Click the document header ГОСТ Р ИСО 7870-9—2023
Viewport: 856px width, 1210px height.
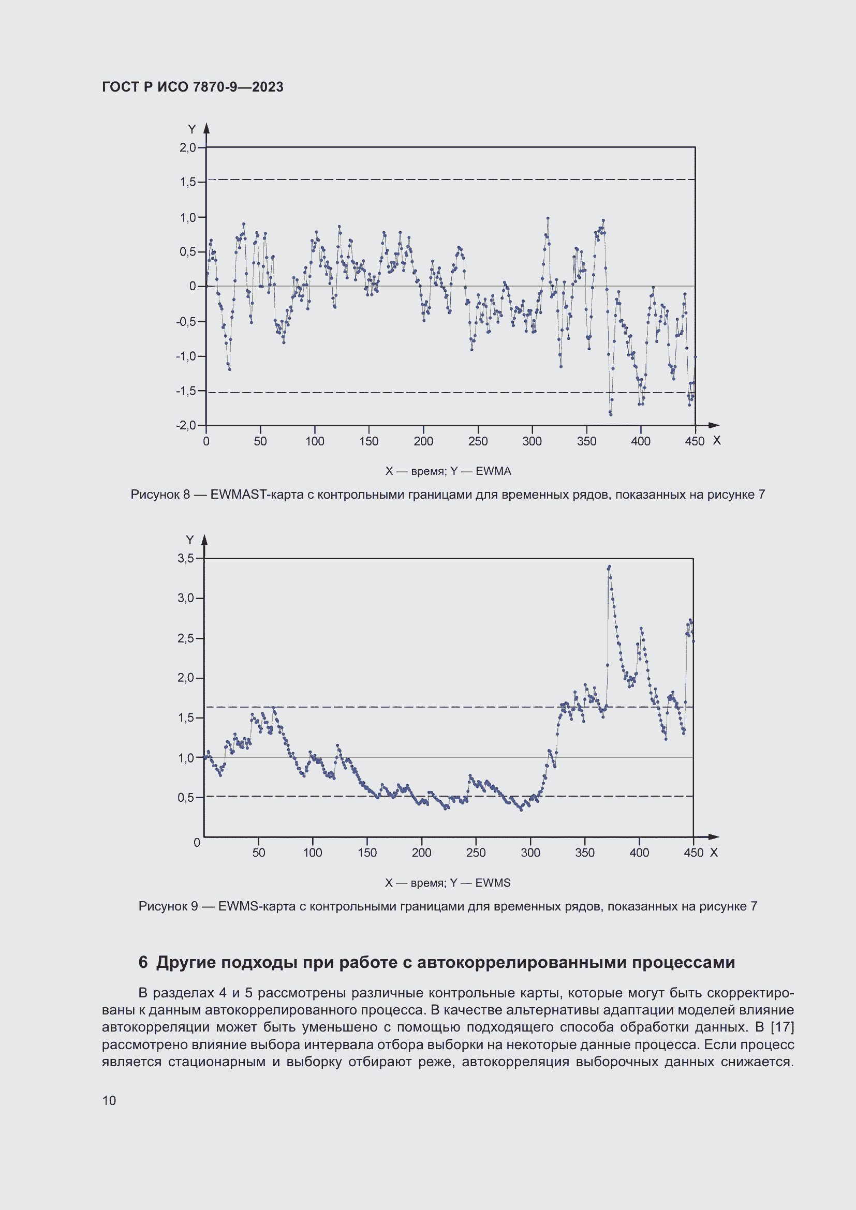[193, 87]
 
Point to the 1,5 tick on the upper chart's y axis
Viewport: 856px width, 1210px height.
[188, 182]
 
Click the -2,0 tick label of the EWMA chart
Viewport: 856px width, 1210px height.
[186, 425]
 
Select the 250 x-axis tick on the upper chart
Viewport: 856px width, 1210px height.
[478, 441]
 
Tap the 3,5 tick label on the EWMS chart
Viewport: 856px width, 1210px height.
[186, 558]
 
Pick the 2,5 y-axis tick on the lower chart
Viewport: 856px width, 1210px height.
[186, 638]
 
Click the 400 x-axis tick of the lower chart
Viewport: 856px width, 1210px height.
[639, 852]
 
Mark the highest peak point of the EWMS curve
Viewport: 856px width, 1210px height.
[609, 567]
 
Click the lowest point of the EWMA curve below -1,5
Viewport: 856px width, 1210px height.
[610, 414]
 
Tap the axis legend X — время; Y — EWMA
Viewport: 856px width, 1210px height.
[448, 471]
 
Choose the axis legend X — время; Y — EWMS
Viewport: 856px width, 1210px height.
[448, 883]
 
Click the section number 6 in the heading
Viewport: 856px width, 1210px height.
[143, 962]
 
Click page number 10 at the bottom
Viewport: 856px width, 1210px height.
[109, 1101]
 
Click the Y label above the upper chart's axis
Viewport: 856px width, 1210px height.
[192, 129]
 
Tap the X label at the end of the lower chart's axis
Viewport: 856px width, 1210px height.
[714, 852]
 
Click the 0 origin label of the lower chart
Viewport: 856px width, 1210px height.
[197, 843]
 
